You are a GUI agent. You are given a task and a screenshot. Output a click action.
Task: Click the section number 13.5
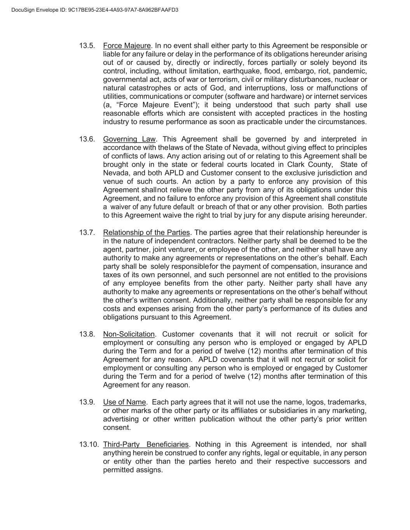(87, 46)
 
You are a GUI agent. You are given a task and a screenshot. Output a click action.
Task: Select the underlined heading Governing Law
(129, 139)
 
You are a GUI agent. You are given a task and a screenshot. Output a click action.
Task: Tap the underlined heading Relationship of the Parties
(147, 233)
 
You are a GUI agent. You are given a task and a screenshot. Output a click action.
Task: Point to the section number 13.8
(87, 334)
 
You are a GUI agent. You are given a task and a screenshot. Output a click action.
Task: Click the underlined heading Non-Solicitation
(129, 334)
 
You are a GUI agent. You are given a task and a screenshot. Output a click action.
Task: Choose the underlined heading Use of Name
(124, 402)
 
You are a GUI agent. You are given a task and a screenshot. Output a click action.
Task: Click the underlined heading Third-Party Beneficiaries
(146, 445)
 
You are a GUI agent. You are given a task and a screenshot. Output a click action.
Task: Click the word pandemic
(351, 71)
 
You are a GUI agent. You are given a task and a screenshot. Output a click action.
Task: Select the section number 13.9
(87, 402)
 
